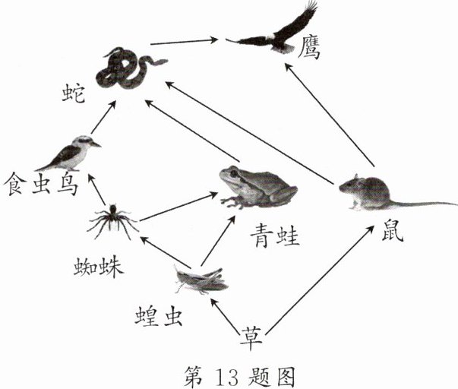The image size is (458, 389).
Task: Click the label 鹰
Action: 310,49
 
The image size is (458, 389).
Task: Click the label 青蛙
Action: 275,236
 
